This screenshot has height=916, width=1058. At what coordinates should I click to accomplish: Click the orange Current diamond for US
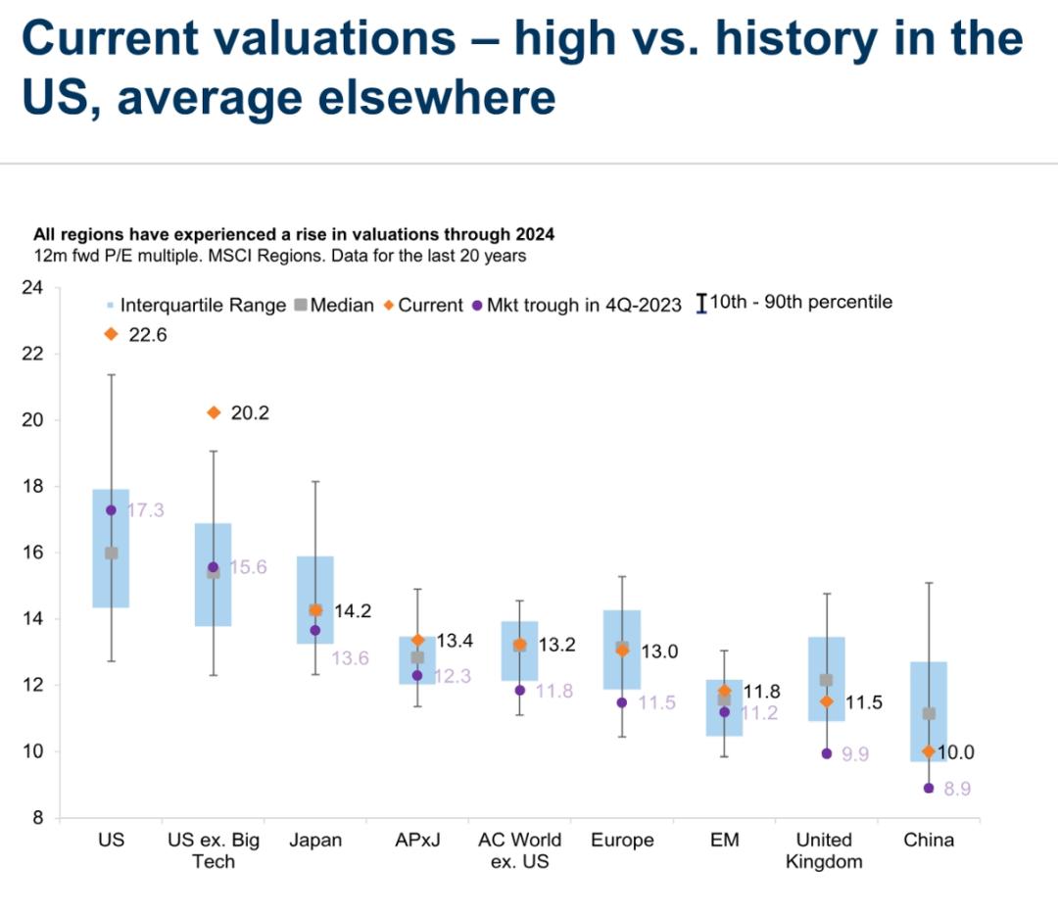[x=111, y=334]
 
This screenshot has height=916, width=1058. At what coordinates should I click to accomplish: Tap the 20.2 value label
[x=250, y=412]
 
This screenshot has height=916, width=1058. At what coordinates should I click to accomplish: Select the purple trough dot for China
[x=929, y=788]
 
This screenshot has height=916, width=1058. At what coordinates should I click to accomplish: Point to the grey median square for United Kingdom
[x=826, y=680]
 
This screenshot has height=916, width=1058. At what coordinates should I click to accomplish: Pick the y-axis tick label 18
[x=31, y=486]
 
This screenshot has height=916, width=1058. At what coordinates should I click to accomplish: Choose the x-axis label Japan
[x=315, y=841]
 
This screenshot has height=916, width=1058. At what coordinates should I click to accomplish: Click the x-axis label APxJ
[x=417, y=841]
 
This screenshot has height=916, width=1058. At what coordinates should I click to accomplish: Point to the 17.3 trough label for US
[x=145, y=511]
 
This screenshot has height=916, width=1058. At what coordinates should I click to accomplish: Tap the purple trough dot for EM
[x=724, y=712]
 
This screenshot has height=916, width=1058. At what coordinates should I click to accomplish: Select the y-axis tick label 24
[x=31, y=288]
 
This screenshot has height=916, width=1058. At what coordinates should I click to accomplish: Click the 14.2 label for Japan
[x=353, y=611]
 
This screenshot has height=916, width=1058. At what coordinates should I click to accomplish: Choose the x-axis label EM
[x=724, y=841]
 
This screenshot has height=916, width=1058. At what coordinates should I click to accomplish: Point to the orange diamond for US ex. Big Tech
[x=214, y=412]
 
